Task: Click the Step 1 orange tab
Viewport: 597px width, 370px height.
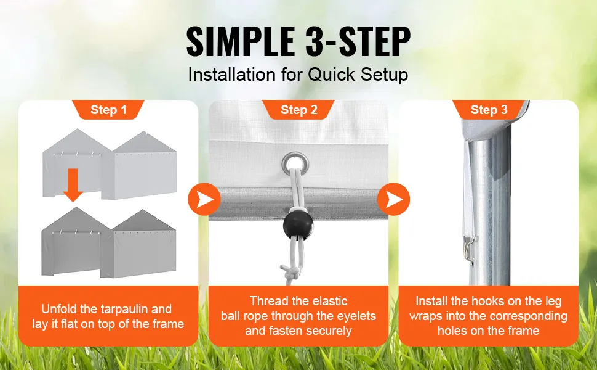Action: click(108, 110)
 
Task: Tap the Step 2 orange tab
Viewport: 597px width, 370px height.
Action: click(298, 110)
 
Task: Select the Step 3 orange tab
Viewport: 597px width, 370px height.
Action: click(489, 110)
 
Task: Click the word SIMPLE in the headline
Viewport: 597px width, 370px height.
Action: click(241, 41)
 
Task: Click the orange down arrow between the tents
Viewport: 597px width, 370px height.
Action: click(73, 185)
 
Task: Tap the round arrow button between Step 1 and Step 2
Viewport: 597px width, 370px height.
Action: click(204, 199)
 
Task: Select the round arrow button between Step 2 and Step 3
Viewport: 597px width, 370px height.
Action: click(394, 199)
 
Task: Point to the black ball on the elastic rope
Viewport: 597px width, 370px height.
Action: click(298, 225)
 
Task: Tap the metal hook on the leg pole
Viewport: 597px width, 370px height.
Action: click(471, 248)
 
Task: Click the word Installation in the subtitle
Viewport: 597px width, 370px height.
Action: click(231, 75)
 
